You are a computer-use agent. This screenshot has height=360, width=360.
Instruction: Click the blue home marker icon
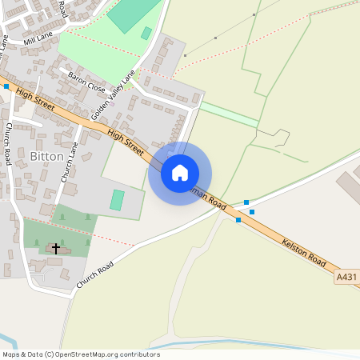(x=180, y=173)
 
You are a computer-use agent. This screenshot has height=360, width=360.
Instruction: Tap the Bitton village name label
(x=46, y=155)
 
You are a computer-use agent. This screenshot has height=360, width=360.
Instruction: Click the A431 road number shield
(x=346, y=277)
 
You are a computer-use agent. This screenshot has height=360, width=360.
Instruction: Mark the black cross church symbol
(x=56, y=249)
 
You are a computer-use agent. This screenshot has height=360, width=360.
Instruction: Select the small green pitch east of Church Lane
(x=118, y=200)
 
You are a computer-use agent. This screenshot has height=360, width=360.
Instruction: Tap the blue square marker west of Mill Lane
(x=6, y=86)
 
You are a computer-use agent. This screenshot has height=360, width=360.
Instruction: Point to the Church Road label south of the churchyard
(x=95, y=276)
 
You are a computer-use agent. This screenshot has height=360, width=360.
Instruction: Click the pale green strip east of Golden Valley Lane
(x=230, y=114)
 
